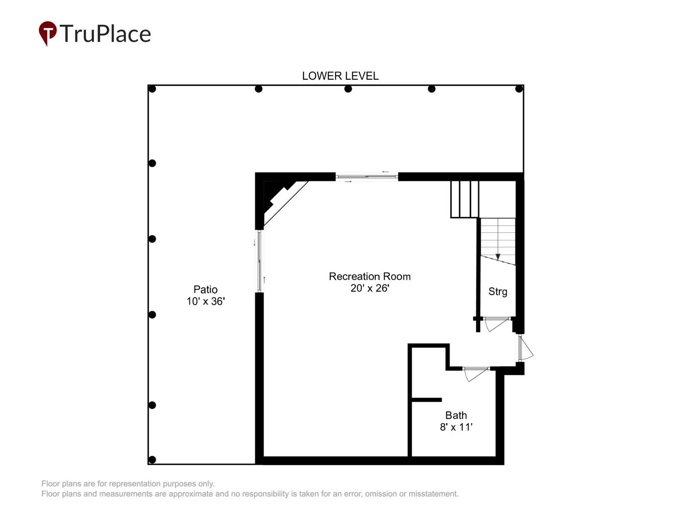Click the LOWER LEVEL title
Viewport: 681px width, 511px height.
pyautogui.click(x=340, y=76)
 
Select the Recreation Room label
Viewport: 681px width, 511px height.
pyautogui.click(x=369, y=276)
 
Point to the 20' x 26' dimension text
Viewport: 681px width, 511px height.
pyautogui.click(x=370, y=288)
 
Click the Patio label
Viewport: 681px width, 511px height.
pyautogui.click(x=206, y=290)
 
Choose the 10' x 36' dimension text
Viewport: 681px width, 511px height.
pyautogui.click(x=206, y=301)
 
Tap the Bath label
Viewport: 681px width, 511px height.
pyautogui.click(x=456, y=415)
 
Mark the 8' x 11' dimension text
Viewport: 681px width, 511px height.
pyautogui.click(x=456, y=427)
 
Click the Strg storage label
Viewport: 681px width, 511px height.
pyautogui.click(x=498, y=292)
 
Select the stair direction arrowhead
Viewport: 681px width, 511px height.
pyautogui.click(x=498, y=257)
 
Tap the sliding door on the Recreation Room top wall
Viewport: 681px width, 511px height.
pyautogui.click(x=366, y=177)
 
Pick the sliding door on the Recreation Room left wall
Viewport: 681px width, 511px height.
pyautogui.click(x=259, y=261)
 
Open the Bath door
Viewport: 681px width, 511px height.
pyautogui.click(x=475, y=373)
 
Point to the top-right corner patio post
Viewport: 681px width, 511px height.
pyautogui.click(x=519, y=89)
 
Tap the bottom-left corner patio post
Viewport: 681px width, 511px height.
pyautogui.click(x=152, y=459)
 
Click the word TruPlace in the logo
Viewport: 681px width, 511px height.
pyautogui.click(x=105, y=34)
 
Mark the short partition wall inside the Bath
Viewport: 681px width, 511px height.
pyautogui.click(x=426, y=400)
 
